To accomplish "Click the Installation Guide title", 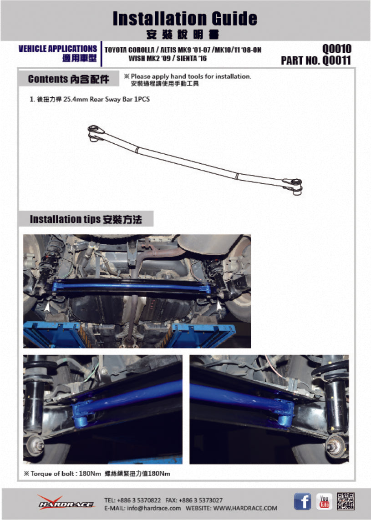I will click(x=185, y=19).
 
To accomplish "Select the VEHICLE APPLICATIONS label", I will click(x=57, y=49).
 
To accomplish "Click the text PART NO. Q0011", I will click(x=316, y=61).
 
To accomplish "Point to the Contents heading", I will click(x=68, y=79).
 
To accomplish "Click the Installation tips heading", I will click(x=86, y=219).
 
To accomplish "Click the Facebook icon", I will click(x=302, y=501).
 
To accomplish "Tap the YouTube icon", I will click(x=324, y=501).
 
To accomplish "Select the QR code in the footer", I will click(x=346, y=501).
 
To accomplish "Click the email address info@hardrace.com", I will click(x=155, y=508).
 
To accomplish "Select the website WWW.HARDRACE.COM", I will click(x=245, y=508).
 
